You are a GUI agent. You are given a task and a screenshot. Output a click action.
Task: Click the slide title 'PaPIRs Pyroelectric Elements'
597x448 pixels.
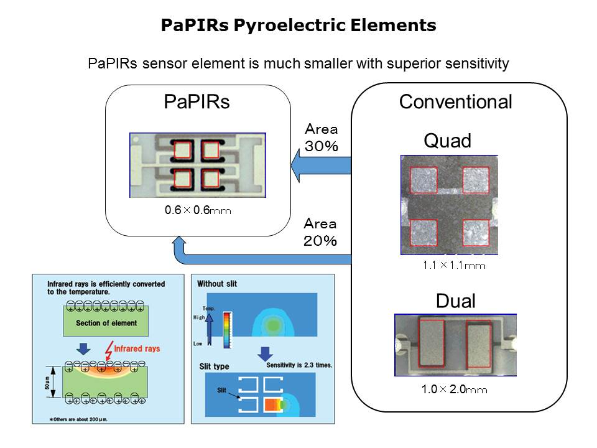298,26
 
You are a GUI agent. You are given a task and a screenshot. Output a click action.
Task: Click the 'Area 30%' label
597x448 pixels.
321,138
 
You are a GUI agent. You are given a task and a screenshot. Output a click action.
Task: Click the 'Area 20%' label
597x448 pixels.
320,231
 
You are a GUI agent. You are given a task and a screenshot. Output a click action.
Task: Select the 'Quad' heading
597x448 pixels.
447,141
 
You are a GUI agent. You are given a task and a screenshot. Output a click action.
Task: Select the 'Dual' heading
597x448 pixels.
455,302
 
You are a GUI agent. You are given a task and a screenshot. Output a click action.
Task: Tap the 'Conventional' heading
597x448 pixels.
455,102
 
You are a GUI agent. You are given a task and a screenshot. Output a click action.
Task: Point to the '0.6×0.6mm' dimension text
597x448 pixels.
198,211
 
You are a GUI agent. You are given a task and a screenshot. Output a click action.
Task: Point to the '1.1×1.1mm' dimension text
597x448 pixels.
454,266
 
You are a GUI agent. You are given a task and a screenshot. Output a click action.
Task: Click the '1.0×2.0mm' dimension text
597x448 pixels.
454,390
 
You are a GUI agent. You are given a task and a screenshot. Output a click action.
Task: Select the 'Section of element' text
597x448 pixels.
106,323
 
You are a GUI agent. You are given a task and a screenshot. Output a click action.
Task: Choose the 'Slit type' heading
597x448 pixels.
213,366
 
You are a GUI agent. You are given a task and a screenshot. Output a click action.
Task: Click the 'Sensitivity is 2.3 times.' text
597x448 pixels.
299,365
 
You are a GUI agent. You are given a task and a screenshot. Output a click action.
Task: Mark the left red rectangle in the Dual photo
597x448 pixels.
431,342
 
